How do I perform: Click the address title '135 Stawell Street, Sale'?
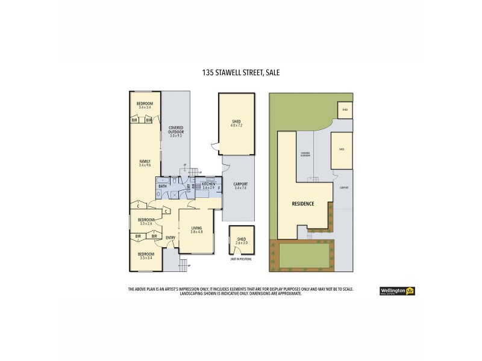pyautogui.click(x=241, y=72)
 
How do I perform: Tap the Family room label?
pyautogui.click(x=145, y=164)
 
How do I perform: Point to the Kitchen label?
pyautogui.click(x=208, y=186)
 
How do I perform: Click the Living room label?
pyautogui.click(x=196, y=230)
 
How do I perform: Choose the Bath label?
pyautogui.click(x=162, y=187)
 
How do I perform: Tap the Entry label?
pyautogui.click(x=171, y=237)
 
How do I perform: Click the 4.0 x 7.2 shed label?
pyautogui.click(x=236, y=124)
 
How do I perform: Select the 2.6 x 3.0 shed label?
pyautogui.click(x=241, y=240)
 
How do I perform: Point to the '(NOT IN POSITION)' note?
pyautogui.click(x=241, y=258)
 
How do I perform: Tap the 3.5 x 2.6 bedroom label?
pyautogui.click(x=145, y=221)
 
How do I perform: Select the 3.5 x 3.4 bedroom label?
pyautogui.click(x=146, y=256)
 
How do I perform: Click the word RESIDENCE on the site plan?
pyautogui.click(x=302, y=204)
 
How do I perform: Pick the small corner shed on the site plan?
pyautogui.click(x=345, y=110)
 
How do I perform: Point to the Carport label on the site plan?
pyautogui.click(x=343, y=188)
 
